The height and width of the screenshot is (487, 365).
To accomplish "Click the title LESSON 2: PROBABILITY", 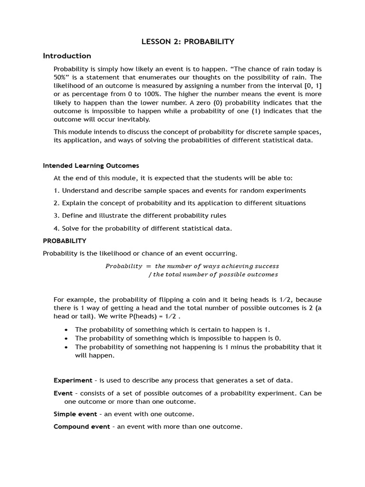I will click(188, 42).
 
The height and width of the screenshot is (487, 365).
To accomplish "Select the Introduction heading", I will click(67, 56).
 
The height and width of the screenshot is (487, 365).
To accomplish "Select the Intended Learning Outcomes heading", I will click(91, 166).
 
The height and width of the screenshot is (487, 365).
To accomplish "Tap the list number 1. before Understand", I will click(57, 191).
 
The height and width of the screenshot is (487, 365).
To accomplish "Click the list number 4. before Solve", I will click(57, 228).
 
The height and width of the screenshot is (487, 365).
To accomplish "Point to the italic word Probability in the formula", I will click(124, 266).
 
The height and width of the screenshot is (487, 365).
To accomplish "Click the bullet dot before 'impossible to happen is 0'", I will click(66, 339).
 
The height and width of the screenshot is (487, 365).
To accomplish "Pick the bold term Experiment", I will click(73, 380).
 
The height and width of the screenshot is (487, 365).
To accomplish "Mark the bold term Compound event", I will click(82, 427).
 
